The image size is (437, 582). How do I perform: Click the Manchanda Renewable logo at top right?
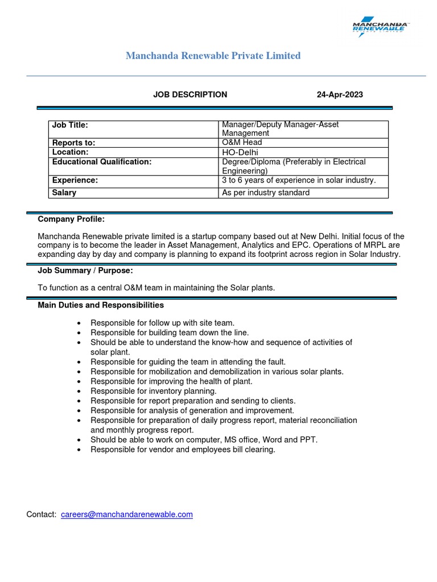pos(381,27)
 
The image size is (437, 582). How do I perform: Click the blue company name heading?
pos(213,56)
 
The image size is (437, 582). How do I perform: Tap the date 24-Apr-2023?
pos(340,94)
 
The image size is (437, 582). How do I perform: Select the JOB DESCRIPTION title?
pos(190,94)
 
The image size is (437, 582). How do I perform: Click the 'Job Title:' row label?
pos(70,124)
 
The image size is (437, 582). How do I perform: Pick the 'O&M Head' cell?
pos(242,143)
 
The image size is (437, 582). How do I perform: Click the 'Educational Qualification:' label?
pos(102,162)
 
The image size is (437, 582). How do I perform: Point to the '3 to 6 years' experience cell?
pos(299,180)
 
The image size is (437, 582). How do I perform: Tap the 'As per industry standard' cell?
pos(266,193)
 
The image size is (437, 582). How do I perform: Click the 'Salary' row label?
pos(64,193)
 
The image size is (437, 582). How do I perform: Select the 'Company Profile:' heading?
pos(71,219)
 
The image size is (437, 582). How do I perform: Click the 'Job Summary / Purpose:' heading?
pos(85,271)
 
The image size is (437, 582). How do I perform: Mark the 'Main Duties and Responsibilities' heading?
pos(101,305)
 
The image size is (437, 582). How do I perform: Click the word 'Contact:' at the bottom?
pos(42,514)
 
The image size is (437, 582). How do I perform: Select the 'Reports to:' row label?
pos(73,143)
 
